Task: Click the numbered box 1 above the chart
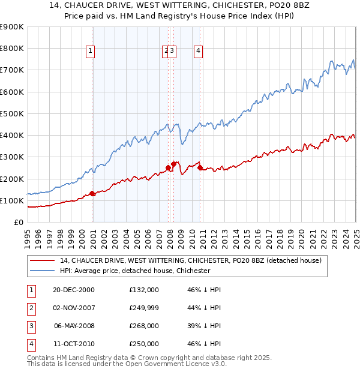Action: [x=90, y=52]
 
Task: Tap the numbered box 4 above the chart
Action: [x=197, y=52]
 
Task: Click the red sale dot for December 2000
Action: [x=92, y=193]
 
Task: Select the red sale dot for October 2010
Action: [x=200, y=168]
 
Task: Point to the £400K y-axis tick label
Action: [x=12, y=135]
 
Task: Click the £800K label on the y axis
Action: [x=12, y=49]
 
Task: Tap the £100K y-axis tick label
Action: [x=12, y=200]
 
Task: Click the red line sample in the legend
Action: [x=41, y=261]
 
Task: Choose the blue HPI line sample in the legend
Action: [x=41, y=271]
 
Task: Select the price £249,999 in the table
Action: [x=144, y=308]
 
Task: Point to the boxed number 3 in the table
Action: [x=30, y=326]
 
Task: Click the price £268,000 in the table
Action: [x=144, y=326]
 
